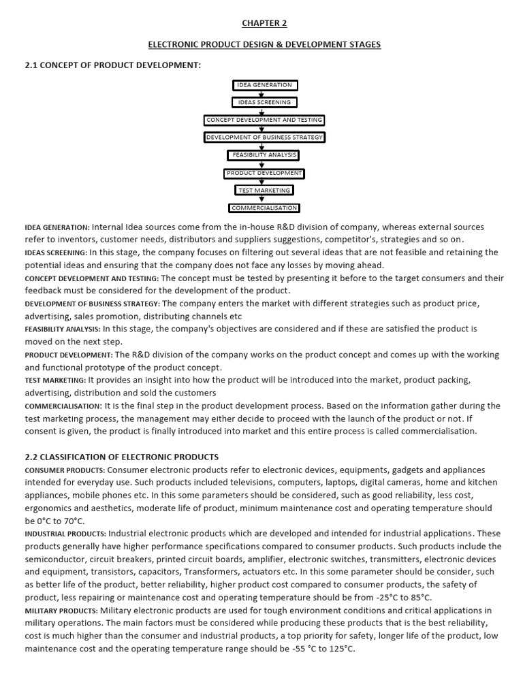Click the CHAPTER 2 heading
[265, 23]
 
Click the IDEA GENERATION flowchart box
[264, 85]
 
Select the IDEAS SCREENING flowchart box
[264, 103]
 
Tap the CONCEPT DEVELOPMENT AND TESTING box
[264, 120]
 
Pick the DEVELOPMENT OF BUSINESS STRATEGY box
[264, 137]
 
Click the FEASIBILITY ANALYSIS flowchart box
[264, 155]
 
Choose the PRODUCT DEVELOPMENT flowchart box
[264, 173]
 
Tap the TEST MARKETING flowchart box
[264, 191]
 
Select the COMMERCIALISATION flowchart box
[264, 208]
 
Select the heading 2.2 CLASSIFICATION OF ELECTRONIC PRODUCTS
[122, 457]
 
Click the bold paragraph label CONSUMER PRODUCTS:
[65, 470]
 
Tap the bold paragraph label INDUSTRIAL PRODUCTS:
[65, 534]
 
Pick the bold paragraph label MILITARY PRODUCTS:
[61, 611]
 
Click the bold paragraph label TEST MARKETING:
[55, 380]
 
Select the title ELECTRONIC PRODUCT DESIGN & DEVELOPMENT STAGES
[265, 44]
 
